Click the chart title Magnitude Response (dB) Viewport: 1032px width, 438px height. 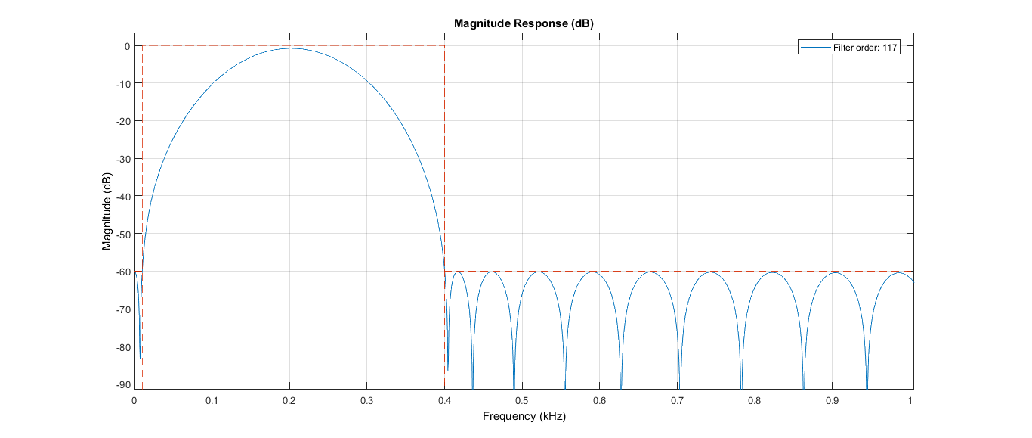tap(524, 23)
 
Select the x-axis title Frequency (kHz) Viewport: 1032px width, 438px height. tap(524, 416)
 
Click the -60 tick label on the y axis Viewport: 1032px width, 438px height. tap(122, 272)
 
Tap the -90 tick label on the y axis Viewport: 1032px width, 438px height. tap(122, 384)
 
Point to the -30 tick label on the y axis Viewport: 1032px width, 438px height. tap(122, 159)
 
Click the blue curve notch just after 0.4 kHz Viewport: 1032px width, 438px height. tap(448, 369)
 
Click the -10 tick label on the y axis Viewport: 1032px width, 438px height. tap(122, 84)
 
